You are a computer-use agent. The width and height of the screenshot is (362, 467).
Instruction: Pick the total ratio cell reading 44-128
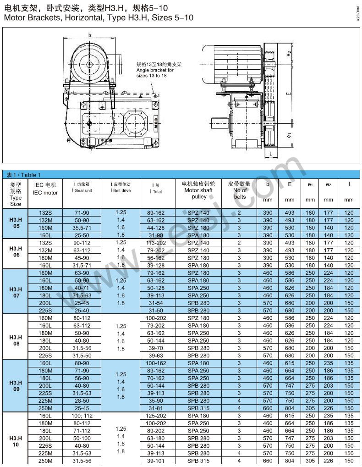[156, 228]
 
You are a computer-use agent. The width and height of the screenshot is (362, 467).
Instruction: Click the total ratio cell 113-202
[156, 243]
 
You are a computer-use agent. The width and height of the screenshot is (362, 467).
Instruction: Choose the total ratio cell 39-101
[156, 460]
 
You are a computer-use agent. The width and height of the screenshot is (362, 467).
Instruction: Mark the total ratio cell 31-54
[156, 303]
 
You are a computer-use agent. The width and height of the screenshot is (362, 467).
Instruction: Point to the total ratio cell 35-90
[156, 400]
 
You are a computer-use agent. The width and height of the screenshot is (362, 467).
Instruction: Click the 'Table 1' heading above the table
[23, 175]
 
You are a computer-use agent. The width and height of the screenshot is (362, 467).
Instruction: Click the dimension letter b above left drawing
[90, 35]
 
